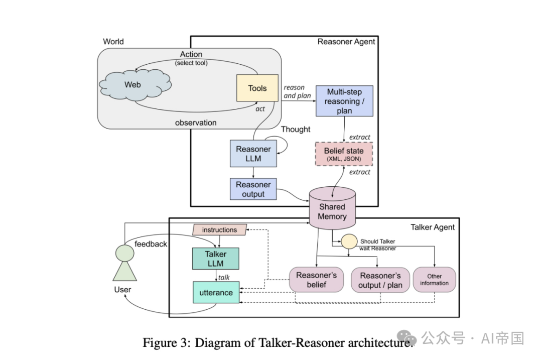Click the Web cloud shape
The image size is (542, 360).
coord(132,85)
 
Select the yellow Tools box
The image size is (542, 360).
coord(257,88)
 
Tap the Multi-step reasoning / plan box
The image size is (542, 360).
coord(344,101)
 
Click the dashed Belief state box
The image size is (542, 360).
coord(344,154)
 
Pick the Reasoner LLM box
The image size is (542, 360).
coord(253,154)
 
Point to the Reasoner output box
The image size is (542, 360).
coord(253,189)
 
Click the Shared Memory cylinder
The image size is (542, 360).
coord(332,211)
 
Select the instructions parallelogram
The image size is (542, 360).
coord(219,230)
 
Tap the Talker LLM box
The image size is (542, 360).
coord(215,259)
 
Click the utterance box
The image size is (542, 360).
coord(216,292)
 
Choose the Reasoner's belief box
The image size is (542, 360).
coord(316,280)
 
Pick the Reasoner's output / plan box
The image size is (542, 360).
coord(380,280)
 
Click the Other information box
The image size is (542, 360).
coord(434,280)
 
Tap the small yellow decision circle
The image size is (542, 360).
coord(348,242)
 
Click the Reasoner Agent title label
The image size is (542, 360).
coord(346,42)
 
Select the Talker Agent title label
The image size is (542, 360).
coord(433,227)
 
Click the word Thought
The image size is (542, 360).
coord(296,130)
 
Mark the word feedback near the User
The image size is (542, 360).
coord(151,244)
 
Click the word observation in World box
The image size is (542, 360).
coord(196,123)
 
